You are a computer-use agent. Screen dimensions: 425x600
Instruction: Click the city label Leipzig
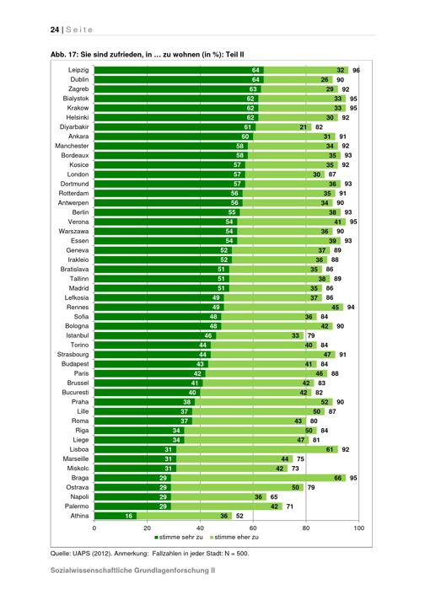point(78,70)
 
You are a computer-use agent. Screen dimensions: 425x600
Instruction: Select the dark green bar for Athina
point(116,516)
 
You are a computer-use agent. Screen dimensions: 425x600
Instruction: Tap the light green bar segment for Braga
point(258,478)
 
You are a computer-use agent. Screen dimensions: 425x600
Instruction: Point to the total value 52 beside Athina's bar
point(239,516)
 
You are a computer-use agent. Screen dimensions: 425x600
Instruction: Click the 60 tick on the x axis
point(253,528)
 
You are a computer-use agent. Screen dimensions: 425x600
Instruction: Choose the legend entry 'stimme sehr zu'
point(179,538)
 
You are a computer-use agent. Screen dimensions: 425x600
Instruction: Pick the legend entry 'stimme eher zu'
point(234,538)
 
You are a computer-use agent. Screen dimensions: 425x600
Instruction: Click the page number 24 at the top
point(54,29)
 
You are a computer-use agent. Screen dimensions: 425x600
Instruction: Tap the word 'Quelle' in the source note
point(59,554)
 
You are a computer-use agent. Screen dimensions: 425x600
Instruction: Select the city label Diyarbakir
point(74,127)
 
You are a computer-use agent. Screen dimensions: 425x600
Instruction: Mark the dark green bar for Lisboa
point(136,449)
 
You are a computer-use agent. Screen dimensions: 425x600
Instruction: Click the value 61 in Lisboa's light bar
point(330,450)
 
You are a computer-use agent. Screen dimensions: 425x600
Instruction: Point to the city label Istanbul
point(78,335)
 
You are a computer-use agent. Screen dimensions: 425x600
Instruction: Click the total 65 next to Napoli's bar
point(274,497)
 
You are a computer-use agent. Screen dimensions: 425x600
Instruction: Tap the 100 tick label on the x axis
point(358,528)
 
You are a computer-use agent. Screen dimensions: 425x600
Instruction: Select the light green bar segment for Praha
point(263,402)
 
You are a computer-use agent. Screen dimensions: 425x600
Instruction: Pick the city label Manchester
point(72,146)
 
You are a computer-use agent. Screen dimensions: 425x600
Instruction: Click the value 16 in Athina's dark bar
point(129,516)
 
